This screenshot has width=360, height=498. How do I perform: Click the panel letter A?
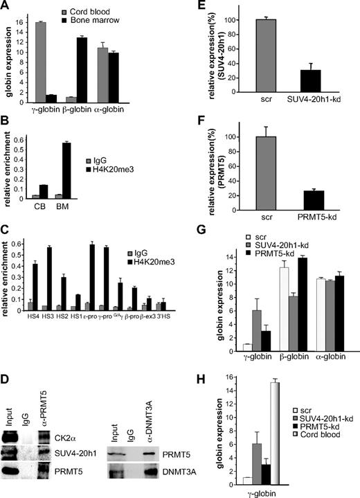pyautogui.click(x=6, y=6)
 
